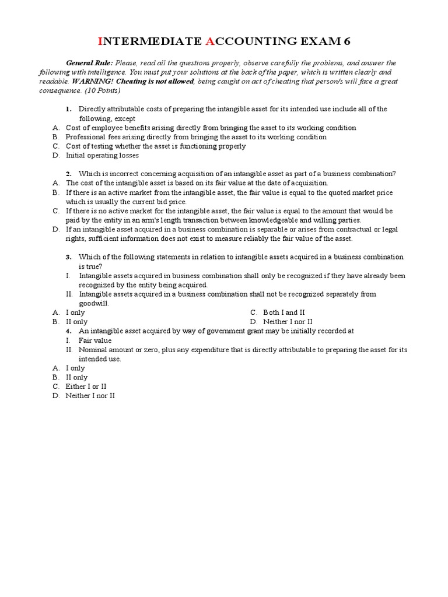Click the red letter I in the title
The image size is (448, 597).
click(x=100, y=41)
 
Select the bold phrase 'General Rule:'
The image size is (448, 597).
click(x=89, y=63)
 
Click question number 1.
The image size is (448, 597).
click(x=68, y=109)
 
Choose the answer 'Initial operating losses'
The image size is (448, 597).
click(x=102, y=156)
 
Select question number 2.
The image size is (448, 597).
click(x=68, y=174)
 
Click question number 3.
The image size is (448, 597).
click(x=68, y=257)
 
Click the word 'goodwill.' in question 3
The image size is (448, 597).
click(x=94, y=303)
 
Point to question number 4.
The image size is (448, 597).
click(x=68, y=331)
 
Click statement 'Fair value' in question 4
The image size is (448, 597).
click(x=95, y=340)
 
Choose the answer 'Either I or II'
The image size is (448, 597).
click(x=86, y=387)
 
